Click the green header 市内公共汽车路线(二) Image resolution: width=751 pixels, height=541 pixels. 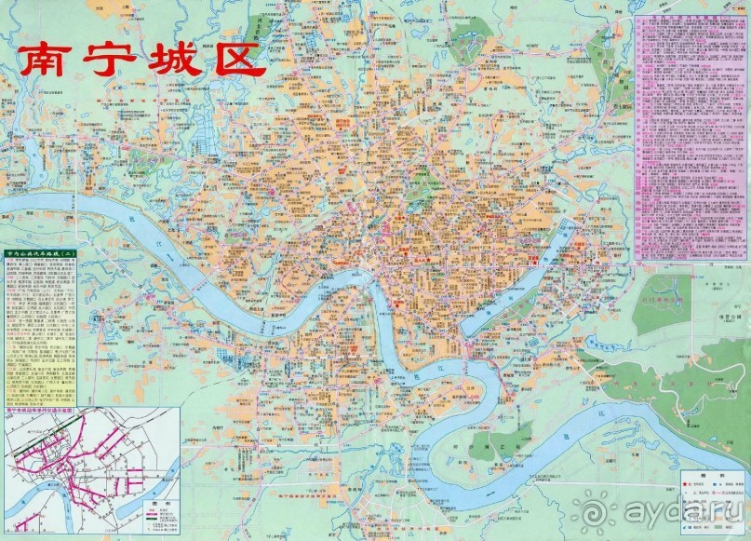point(43,253)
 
